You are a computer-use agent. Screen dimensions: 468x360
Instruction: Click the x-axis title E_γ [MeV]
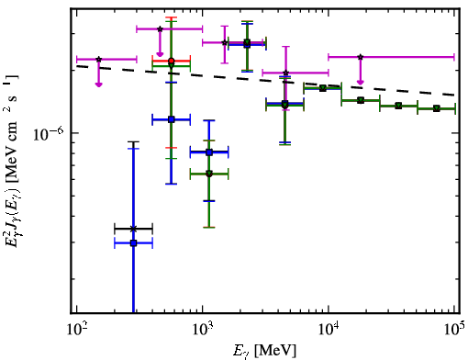pyautogui.click(x=264, y=351)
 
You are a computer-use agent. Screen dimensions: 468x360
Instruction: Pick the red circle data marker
pyautogui.click(x=172, y=61)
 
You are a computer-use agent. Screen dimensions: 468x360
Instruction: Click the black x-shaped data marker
pyautogui.click(x=133, y=229)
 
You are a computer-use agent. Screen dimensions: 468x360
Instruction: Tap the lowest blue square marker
pyautogui.click(x=133, y=243)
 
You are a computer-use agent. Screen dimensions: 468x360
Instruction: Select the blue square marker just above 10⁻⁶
pyautogui.click(x=172, y=119)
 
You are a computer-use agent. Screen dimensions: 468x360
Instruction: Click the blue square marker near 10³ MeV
pyautogui.click(x=209, y=152)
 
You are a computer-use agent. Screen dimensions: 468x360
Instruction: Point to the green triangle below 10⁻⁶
pyautogui.click(x=209, y=174)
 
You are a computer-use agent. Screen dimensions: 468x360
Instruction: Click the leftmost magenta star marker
pyautogui.click(x=98, y=59)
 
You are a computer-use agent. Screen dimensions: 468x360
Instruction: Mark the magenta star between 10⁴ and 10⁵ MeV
pyautogui.click(x=361, y=57)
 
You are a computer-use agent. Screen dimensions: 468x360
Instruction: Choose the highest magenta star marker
pyautogui.click(x=160, y=29)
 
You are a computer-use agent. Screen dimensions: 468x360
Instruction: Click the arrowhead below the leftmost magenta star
pyautogui.click(x=98, y=84)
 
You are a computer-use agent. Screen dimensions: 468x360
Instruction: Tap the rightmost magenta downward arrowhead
pyautogui.click(x=361, y=82)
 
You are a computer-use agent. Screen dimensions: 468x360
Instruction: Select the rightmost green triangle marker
pyautogui.click(x=437, y=108)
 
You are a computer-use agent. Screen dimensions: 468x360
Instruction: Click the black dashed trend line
pyautogui.click(x=265, y=80)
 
